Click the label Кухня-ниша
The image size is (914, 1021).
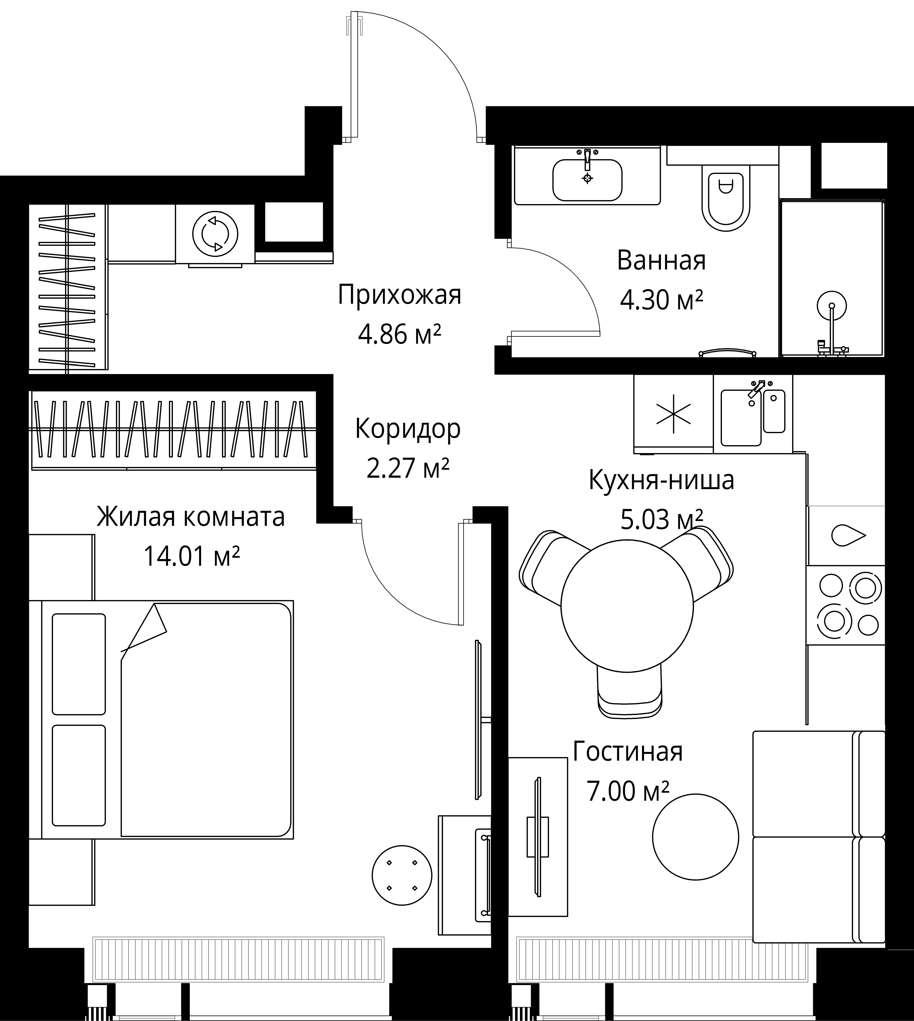click(661, 480)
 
